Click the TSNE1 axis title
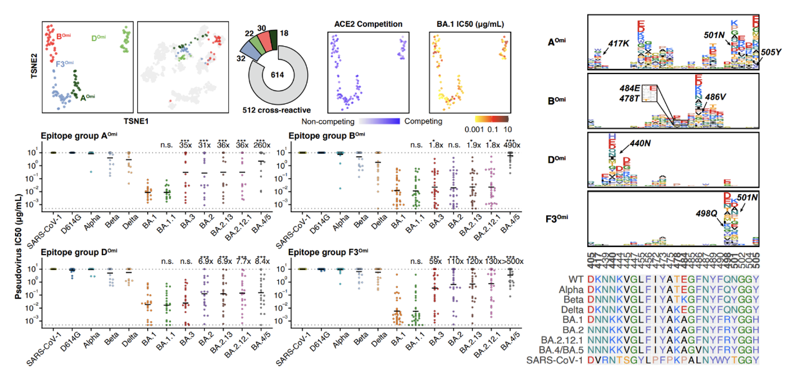coord(134,120)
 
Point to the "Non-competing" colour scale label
coord(325,121)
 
